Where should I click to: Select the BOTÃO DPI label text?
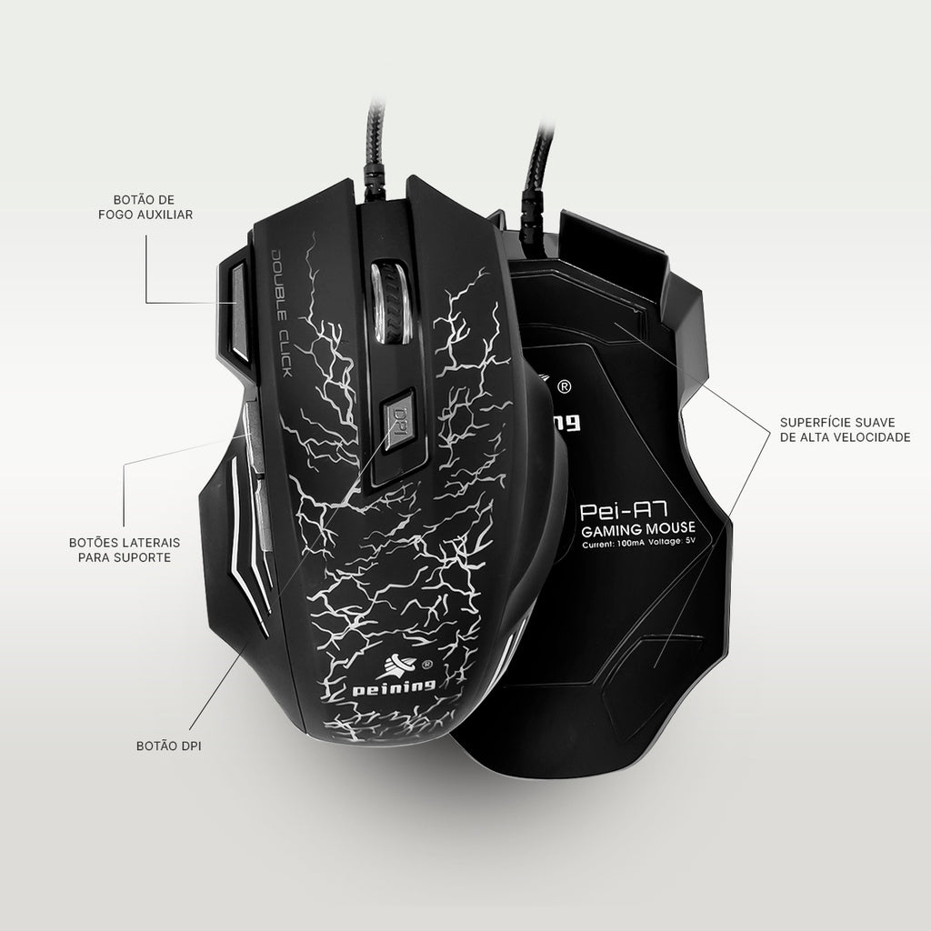tap(167, 746)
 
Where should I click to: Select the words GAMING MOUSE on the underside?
tap(639, 529)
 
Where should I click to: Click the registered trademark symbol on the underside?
tap(564, 386)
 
